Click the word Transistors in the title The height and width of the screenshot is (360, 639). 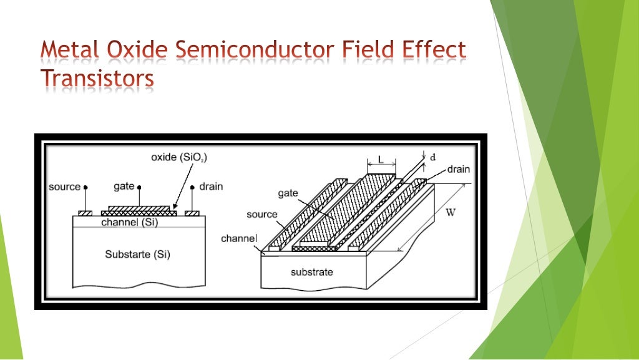tap(97, 80)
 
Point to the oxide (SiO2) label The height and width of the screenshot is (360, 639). tap(179, 158)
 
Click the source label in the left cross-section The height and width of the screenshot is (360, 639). tap(64, 187)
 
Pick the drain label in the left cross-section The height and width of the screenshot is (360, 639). tap(211, 187)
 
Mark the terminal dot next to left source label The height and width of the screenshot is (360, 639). tap(85, 187)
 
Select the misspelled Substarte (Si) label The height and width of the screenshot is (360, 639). tap(137, 255)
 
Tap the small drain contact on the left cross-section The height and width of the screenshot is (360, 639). tap(192, 213)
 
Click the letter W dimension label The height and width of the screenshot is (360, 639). tap(450, 212)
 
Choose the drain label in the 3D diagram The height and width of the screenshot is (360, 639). tap(459, 169)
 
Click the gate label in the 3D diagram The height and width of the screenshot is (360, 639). tap(288, 193)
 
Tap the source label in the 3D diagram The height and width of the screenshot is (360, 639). tap(261, 215)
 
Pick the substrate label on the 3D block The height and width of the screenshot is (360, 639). tap(311, 272)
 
